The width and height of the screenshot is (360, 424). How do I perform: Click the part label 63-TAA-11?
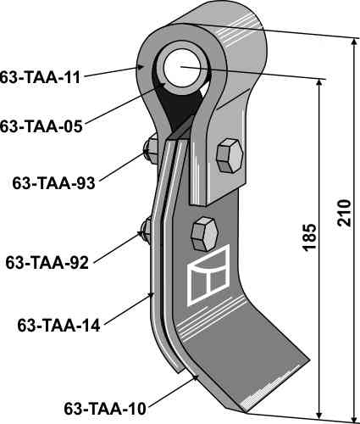coord(40,77)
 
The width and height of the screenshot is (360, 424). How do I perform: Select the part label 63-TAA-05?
coord(41,126)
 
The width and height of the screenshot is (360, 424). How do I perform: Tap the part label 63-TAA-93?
coord(53,183)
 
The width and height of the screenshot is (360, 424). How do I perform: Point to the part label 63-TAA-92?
coord(47,262)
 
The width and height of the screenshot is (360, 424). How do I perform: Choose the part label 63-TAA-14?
coord(58,326)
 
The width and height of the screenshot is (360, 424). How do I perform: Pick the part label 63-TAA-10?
coord(105,409)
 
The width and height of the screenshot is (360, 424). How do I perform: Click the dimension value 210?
coord(344,213)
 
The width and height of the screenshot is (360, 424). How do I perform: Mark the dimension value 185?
coord(309,237)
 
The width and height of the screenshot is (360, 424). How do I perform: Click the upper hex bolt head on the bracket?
coord(230,155)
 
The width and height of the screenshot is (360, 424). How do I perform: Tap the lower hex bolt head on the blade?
coord(205,234)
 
